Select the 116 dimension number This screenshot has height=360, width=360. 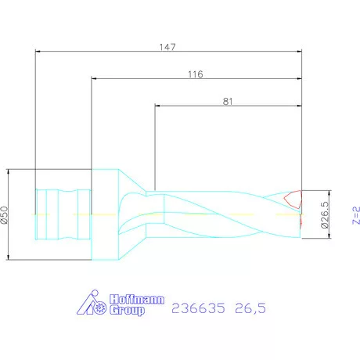coord(196,74)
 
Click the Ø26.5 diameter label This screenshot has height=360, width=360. coord(325,212)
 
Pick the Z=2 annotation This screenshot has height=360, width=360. coord(355,214)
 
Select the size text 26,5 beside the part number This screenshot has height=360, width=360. coord(250,309)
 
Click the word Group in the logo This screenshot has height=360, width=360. coord(128,311)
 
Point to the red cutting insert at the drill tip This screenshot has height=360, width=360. coord(293,199)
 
